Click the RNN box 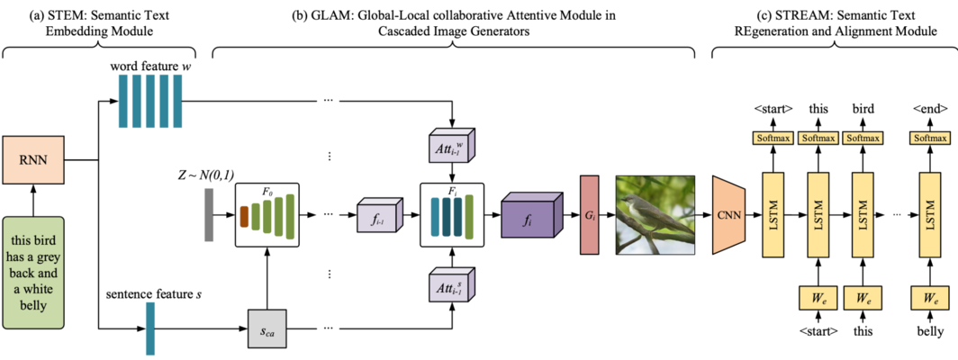pyautogui.click(x=33, y=162)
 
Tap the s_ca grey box pyautogui.click(x=267, y=328)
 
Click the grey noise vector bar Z pyautogui.click(x=209, y=215)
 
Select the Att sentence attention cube pyautogui.click(x=452, y=285)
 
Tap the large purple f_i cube pyautogui.click(x=529, y=216)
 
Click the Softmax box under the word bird pyautogui.click(x=864, y=139)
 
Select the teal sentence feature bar pyautogui.click(x=150, y=328)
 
